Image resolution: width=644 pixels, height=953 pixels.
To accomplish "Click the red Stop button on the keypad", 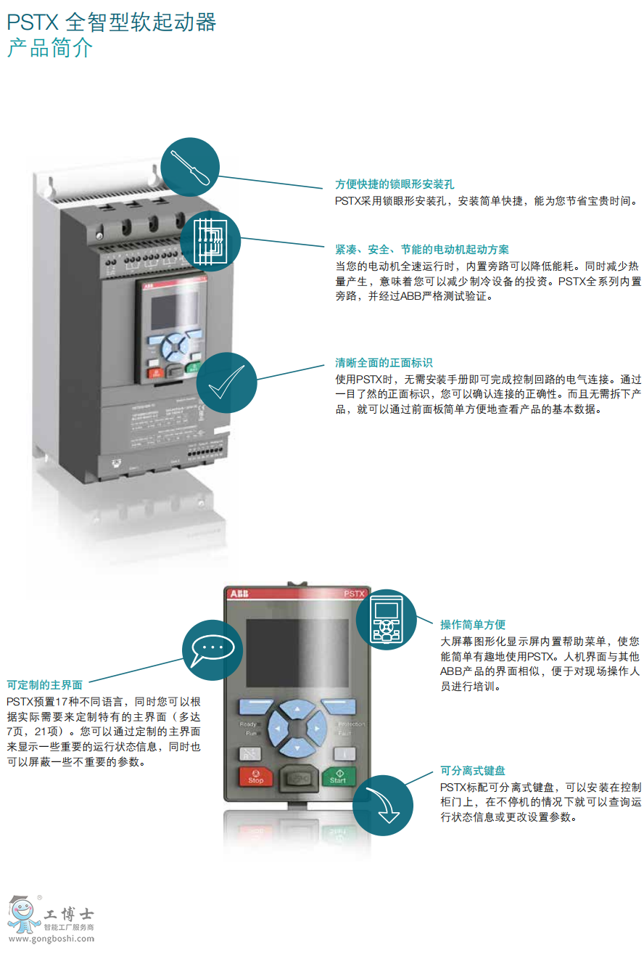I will (255, 777).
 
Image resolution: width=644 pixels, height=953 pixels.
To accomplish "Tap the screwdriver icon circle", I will (189, 165).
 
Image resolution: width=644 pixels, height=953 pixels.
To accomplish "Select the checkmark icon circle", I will (227, 381).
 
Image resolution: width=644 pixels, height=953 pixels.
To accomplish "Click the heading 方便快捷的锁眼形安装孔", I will (395, 184).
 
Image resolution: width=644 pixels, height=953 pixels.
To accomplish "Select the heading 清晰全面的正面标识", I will (384, 363).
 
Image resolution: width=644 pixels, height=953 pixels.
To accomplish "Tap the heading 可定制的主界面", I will (45, 684).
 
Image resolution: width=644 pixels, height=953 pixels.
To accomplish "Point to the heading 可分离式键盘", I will (473, 771).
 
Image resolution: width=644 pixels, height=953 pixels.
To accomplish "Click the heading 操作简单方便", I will (473, 624).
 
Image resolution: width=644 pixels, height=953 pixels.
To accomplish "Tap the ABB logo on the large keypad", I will (239, 594).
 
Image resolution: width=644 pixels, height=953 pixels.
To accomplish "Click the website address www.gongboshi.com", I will (51, 938).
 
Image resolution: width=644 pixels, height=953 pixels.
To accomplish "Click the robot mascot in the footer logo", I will (23, 913).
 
